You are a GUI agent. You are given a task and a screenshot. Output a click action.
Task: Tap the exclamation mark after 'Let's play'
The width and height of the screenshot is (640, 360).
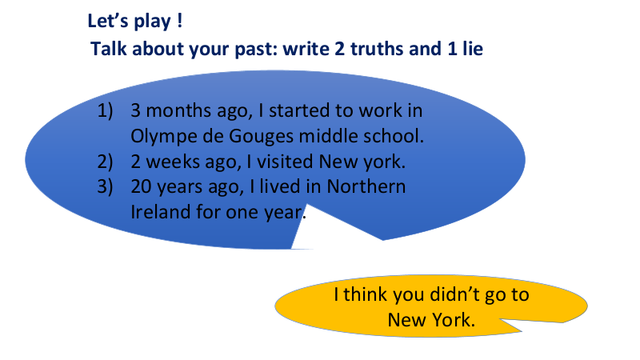(x=179, y=21)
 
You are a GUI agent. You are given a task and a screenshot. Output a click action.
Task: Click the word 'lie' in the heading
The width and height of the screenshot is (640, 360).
(x=473, y=49)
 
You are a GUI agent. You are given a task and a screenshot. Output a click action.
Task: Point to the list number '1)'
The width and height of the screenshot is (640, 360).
(x=105, y=111)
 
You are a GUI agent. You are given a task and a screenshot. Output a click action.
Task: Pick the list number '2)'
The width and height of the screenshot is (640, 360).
(x=105, y=162)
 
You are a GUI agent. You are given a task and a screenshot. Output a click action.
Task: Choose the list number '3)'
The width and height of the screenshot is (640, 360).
(x=105, y=187)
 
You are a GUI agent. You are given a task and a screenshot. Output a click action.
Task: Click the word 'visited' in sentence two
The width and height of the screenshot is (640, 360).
(x=285, y=162)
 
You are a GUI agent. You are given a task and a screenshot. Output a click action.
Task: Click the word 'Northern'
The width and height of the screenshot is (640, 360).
(x=366, y=187)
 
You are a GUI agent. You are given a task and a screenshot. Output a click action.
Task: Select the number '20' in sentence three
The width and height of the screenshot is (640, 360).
(x=141, y=187)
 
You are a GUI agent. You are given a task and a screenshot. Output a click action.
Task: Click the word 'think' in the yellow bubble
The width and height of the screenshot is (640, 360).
(x=364, y=294)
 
